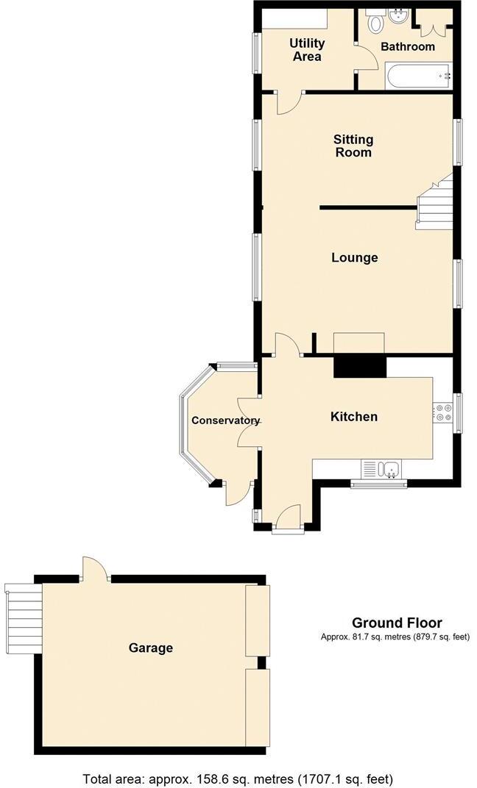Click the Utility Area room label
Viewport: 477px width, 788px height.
tap(306, 50)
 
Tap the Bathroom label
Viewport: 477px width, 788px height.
tap(407, 46)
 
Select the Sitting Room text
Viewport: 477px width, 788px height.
tap(353, 146)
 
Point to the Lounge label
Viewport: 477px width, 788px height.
tap(354, 257)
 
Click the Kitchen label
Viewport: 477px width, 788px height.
tap(353, 417)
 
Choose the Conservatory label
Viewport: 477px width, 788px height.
tap(225, 420)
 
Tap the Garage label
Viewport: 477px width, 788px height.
tap(151, 648)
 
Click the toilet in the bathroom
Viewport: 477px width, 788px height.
tap(376, 21)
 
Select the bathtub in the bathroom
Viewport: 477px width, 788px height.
tap(417, 74)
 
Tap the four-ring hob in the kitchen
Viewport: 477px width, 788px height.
tap(443, 413)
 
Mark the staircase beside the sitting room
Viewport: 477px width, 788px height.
tap(435, 205)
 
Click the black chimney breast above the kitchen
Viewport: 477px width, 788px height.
tap(360, 365)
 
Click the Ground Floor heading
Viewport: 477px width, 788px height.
tap(397, 623)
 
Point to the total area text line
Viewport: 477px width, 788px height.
tap(239, 778)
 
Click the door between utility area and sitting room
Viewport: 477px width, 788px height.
tap(288, 102)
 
